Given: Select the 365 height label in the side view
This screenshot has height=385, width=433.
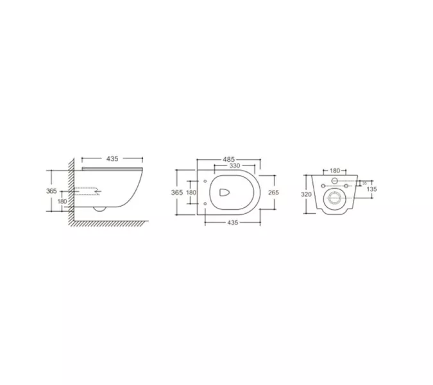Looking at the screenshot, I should (x=53, y=191).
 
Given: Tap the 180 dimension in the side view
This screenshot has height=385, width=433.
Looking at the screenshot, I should (x=62, y=202).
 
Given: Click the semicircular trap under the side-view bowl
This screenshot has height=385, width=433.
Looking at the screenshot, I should (x=99, y=209).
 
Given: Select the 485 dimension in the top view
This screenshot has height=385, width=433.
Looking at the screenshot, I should (x=229, y=158).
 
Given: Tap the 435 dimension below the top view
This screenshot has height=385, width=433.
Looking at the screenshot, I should (x=232, y=222).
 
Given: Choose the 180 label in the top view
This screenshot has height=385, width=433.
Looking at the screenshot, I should (x=191, y=192).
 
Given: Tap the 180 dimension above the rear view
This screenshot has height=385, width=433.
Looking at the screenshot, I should (x=334, y=171).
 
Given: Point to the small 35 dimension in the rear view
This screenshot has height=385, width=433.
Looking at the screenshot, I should (x=364, y=182).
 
